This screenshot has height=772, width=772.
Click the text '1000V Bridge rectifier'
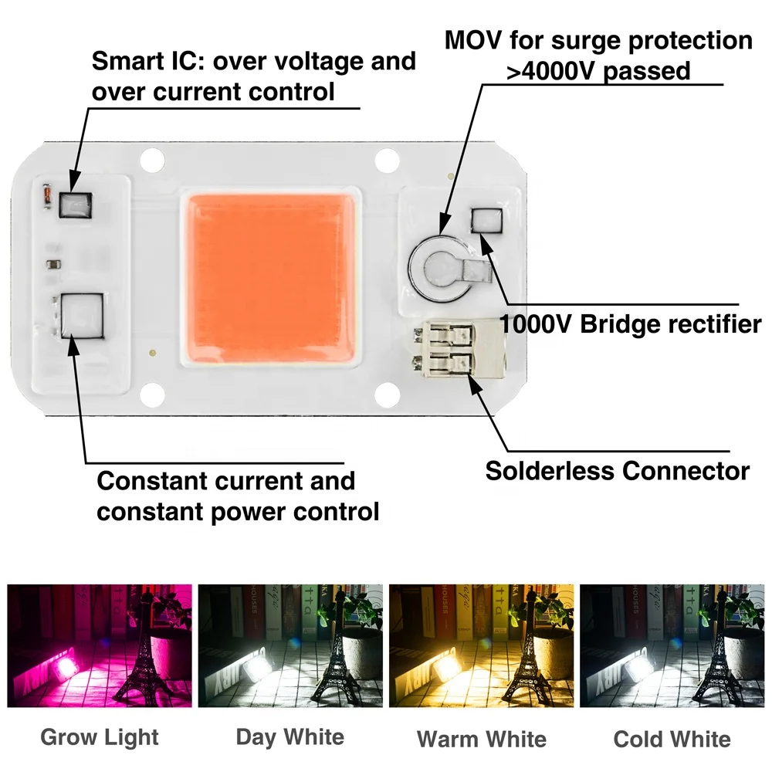[630, 324]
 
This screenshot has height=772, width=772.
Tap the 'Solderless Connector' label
[617, 470]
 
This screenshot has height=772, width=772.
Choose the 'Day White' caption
[289, 737]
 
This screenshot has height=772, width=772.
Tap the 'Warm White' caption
[481, 739]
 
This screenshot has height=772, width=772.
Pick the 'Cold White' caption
[672, 739]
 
